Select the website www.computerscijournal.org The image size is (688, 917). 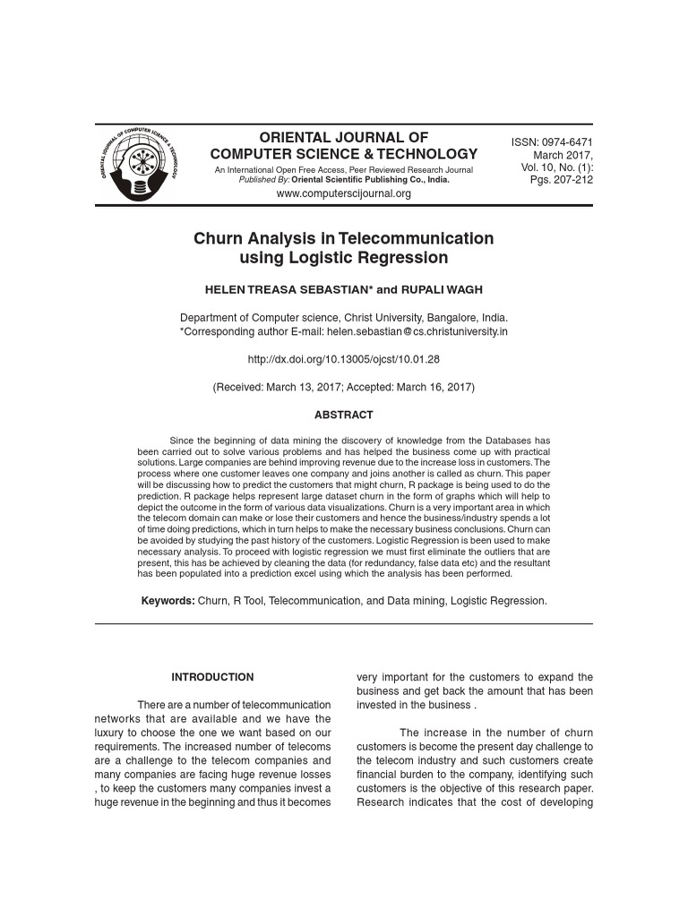tap(343, 193)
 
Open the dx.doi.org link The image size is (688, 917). tap(343, 359)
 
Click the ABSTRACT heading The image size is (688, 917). tap(343, 415)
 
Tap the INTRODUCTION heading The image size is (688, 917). tap(212, 677)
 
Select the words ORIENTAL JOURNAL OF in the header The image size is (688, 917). tap(343, 137)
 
